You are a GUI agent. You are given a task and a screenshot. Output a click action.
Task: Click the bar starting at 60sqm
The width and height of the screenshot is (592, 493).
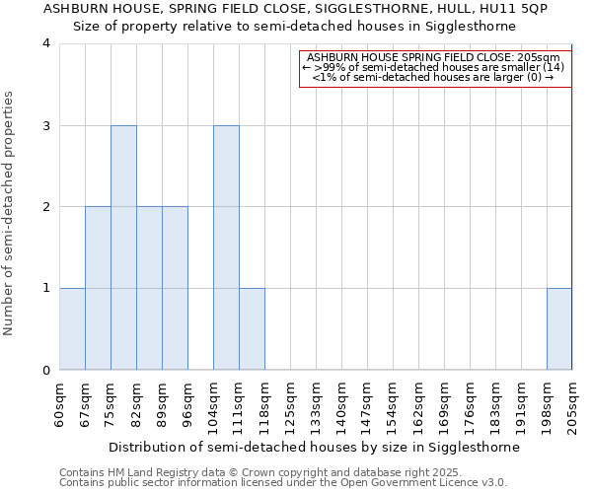[x=72, y=329]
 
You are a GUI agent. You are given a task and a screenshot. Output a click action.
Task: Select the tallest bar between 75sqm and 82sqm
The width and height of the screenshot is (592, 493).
[x=123, y=247]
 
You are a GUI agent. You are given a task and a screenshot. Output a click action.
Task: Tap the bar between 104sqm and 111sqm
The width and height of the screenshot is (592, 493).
[x=226, y=247]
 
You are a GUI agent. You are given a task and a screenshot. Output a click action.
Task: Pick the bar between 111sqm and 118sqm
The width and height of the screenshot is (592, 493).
[x=252, y=329]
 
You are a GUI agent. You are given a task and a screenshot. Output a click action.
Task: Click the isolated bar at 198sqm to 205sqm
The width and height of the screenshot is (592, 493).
[x=559, y=329]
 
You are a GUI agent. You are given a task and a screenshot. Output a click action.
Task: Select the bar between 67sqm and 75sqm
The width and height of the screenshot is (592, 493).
[x=98, y=288]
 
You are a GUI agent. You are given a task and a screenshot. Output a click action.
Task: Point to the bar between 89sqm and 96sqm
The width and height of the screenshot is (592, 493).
[x=175, y=288]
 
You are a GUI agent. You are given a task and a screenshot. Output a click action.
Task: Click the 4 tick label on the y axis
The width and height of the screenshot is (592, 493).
[x=46, y=43]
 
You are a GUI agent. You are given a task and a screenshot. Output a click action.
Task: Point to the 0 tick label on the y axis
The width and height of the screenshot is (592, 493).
[x=46, y=371]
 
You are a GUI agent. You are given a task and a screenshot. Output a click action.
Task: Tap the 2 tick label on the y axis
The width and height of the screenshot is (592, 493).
[x=46, y=207]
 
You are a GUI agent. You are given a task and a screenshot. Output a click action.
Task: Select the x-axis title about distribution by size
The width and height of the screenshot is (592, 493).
[x=314, y=447]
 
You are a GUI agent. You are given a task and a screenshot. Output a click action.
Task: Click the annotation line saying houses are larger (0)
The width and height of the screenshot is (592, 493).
[x=433, y=77]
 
